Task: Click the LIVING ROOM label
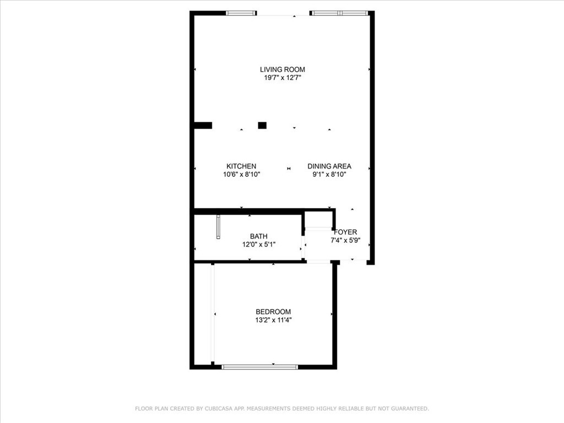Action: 283,69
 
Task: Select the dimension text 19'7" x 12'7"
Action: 283,78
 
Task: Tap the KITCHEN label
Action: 241,166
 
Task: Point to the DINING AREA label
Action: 329,166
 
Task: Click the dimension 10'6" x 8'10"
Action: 241,175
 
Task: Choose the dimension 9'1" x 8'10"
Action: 329,175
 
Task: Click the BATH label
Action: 259,236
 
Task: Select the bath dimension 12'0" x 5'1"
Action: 259,245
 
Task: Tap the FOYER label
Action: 346,232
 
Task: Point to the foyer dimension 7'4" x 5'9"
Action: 346,240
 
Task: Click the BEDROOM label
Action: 273,312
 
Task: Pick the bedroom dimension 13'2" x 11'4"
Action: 273,320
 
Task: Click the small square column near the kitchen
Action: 262,126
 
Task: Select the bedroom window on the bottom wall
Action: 260,367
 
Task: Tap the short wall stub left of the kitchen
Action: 203,126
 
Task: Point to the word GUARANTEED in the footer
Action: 410,409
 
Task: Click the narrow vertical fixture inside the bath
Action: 218,227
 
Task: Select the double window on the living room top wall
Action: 339,13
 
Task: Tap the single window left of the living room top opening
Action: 241,13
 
